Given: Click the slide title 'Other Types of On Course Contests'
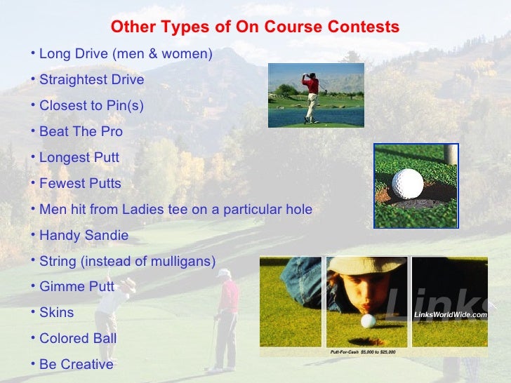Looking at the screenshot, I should coord(255,27).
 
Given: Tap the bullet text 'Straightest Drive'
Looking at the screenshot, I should coord(91,80).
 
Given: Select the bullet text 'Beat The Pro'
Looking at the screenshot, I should coord(81,132).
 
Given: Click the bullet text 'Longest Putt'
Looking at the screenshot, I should coord(79,158).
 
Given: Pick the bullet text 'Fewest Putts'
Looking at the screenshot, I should coord(80,184).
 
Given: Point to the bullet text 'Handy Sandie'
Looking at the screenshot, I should coord(84,236).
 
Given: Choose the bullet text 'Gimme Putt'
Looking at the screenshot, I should coord(77,287).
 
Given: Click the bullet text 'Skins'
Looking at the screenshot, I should coord(56,313).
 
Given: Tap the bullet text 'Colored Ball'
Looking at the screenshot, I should coord(78,339).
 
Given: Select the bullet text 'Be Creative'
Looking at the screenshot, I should coord(76,365).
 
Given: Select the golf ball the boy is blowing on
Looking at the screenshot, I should coord(368,321).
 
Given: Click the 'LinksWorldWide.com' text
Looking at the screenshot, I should coord(450,315).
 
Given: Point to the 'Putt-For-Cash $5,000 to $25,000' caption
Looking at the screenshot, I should coord(363,351).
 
